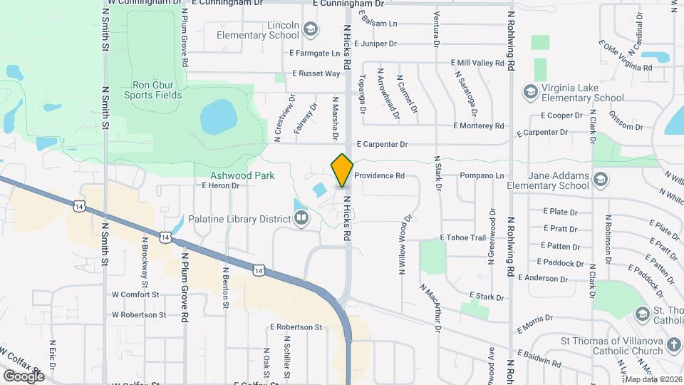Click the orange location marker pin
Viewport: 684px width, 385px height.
[x=343, y=170]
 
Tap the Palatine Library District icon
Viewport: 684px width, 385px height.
[x=302, y=218]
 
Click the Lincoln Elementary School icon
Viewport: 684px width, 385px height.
[x=310, y=29]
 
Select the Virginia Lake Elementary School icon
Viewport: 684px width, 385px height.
[x=529, y=91]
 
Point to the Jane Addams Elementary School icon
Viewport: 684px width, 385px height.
[x=601, y=178]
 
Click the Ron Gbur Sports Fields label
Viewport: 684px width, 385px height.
[x=152, y=88]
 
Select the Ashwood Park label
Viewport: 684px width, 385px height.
[x=242, y=175]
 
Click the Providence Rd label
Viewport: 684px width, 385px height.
[x=379, y=175]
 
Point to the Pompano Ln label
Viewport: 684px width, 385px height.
[x=481, y=175]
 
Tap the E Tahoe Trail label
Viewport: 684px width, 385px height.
[x=462, y=237]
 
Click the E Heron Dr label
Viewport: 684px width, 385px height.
[x=220, y=185]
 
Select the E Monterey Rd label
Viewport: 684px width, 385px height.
[x=479, y=125]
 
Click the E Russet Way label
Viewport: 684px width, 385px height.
[x=316, y=73]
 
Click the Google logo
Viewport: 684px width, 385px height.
[x=24, y=376]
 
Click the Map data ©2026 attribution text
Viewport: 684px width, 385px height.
[x=653, y=379]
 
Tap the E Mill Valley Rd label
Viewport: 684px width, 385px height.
[x=478, y=63]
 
